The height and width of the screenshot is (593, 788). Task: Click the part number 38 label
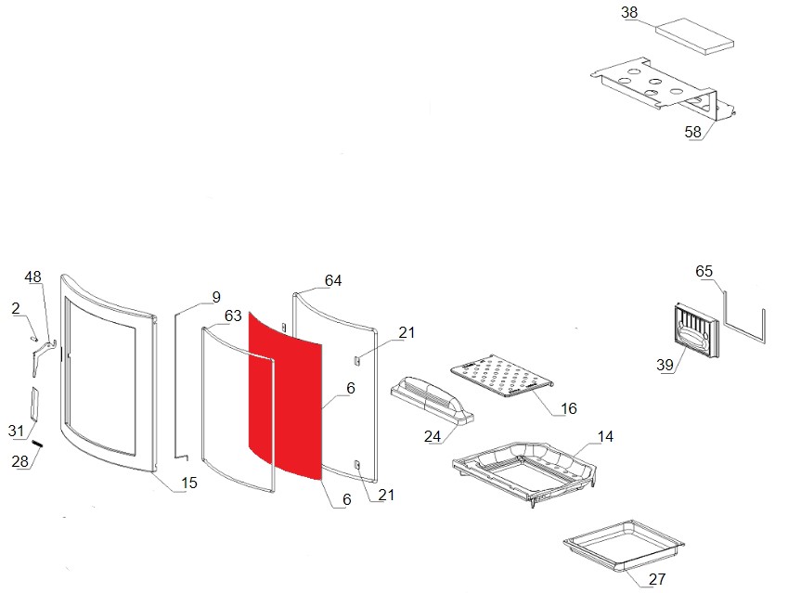629,13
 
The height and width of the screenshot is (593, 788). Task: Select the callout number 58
693,132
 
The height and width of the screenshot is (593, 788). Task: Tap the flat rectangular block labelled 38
694,34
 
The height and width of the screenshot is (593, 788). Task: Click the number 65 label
704,271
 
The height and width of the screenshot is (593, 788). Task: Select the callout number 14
605,436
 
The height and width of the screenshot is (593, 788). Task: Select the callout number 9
215,297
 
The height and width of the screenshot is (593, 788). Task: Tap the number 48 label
33,277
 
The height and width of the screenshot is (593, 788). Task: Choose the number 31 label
15,430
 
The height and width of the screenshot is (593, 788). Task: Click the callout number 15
189,483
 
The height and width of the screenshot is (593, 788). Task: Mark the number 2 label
16,307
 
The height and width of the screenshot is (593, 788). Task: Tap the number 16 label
569,408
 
